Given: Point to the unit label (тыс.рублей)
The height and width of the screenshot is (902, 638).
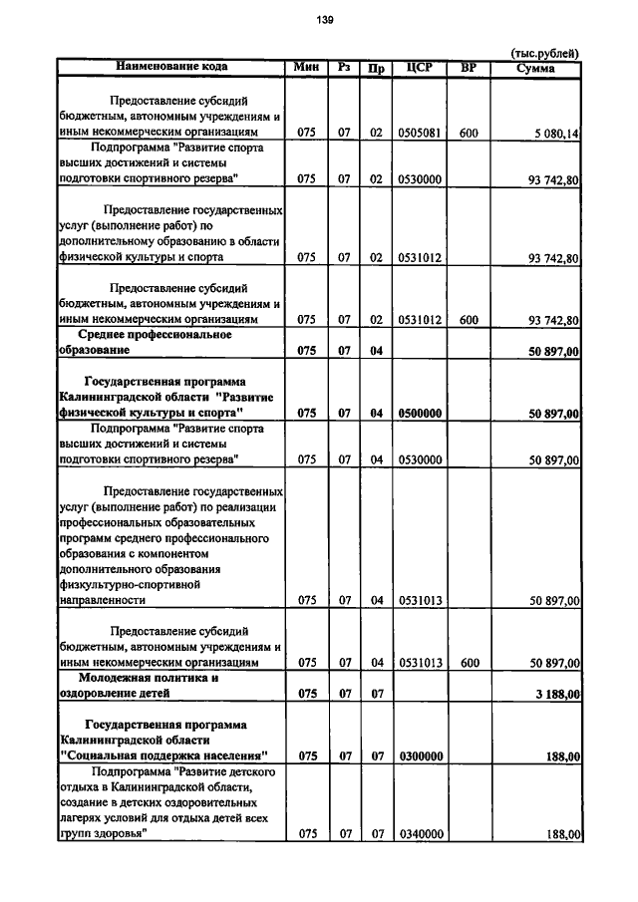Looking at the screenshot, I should coord(544,54).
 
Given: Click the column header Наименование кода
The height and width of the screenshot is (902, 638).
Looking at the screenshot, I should coord(171,67).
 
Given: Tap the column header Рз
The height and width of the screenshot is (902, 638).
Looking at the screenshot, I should coord(344,67).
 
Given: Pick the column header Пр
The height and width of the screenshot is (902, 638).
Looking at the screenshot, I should coord(376,68).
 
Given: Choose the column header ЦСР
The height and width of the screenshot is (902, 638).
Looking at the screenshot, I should coord(420,67).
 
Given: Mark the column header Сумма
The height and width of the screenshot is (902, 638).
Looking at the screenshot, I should coord(535,68).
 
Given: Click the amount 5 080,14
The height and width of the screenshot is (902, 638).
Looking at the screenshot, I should coord(556,132).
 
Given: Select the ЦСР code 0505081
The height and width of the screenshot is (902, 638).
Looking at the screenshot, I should coord(420,132).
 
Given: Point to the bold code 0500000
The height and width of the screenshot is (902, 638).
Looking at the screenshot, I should coord(420,413).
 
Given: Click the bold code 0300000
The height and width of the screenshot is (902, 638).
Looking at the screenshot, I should coord(420,756).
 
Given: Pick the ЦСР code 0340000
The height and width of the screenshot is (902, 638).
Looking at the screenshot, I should coord(420,835).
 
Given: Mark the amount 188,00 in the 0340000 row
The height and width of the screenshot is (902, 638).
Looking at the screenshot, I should coord(562,835).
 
